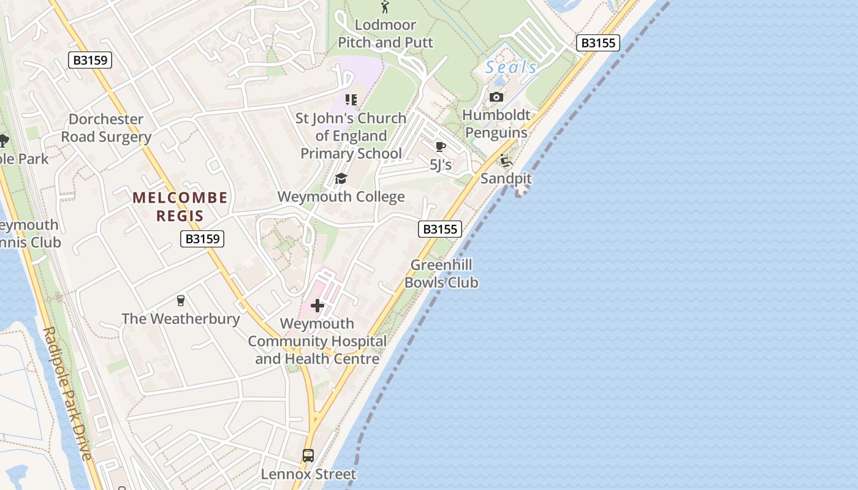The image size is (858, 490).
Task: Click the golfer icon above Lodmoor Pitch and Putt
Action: click(385, 7)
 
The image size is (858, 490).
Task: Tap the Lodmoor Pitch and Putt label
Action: click(385, 34)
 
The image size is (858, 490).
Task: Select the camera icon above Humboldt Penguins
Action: click(496, 97)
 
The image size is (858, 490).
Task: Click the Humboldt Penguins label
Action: click(496, 124)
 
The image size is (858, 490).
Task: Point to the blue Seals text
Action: click(511, 67)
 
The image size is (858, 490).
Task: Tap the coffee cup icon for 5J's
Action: click(440, 146)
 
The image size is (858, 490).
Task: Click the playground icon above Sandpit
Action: click(506, 161)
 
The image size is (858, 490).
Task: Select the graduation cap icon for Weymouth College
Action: click(341, 178)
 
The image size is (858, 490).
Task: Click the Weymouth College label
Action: click(341, 197)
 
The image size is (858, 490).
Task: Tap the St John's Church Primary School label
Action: click(351, 135)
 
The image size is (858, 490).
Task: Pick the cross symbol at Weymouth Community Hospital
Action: click(317, 305)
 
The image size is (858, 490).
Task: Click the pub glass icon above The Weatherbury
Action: click(180, 300)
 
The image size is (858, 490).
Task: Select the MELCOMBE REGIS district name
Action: click(180, 206)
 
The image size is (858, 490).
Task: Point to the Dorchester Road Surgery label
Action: click(106, 128)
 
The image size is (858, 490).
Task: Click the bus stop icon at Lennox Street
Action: click(308, 456)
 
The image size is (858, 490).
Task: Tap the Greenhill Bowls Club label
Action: click(441, 274)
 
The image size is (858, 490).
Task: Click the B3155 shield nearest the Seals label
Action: click(598, 43)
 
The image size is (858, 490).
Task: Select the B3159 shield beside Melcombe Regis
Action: click(202, 239)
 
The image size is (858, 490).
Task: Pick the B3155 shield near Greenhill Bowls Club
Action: click(440, 229)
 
